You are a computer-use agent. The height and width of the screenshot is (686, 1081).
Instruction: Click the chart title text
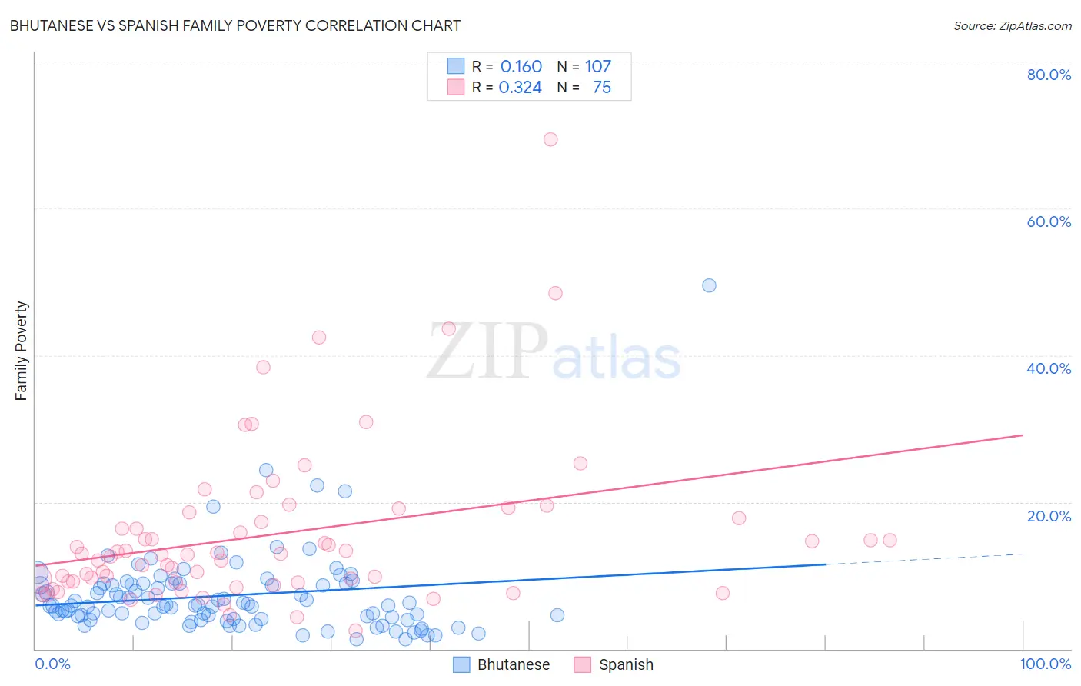(235, 25)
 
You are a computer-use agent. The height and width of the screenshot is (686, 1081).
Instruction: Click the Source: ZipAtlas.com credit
(1012, 25)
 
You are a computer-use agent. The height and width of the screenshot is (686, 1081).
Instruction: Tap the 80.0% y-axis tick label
(1049, 75)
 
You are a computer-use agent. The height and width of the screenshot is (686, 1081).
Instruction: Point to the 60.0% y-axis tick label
(1049, 221)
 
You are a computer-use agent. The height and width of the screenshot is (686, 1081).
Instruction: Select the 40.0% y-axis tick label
(1049, 368)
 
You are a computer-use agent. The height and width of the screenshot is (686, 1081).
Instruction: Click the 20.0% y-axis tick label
(1049, 516)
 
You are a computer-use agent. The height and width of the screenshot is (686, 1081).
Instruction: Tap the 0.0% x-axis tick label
(52, 664)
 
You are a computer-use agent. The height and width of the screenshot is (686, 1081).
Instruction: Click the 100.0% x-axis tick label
(1045, 664)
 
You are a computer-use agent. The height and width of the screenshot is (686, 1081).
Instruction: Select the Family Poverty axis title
(22, 351)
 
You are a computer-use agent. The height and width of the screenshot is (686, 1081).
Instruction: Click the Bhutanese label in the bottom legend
(513, 665)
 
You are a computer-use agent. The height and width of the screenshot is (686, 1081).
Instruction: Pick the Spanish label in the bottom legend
(626, 665)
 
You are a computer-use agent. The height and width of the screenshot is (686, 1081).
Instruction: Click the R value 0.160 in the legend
(521, 67)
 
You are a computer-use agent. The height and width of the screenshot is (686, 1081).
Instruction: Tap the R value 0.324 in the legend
(521, 88)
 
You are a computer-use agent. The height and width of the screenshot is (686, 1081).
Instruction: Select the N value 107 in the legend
(598, 67)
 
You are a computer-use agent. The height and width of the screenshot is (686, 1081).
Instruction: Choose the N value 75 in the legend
(601, 88)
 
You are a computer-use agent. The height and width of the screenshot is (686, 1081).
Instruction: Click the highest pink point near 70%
(550, 139)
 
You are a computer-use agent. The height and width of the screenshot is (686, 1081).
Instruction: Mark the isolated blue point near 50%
(709, 285)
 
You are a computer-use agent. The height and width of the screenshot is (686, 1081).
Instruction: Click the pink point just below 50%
(555, 293)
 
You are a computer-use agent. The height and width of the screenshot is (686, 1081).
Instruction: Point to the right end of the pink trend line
(1022, 435)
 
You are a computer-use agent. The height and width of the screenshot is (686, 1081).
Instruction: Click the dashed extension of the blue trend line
(923, 559)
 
